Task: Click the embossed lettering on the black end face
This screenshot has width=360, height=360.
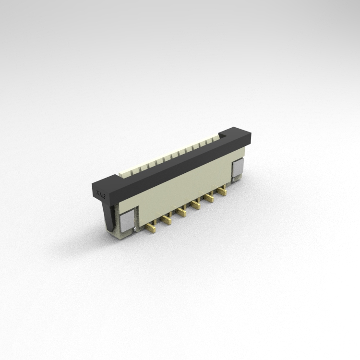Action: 100,193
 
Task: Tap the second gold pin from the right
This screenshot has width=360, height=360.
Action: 209,198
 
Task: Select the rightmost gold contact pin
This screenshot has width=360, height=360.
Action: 222,192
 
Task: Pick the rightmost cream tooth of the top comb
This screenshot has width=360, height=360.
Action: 215,139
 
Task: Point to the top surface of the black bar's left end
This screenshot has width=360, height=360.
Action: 106,180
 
